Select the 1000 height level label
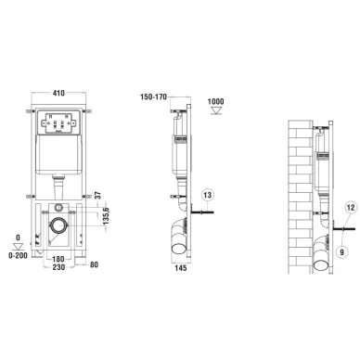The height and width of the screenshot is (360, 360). [x=216, y=99]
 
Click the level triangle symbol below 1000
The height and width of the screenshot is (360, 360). [x=216, y=110]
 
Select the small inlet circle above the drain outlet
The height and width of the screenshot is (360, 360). [x=59, y=206]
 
